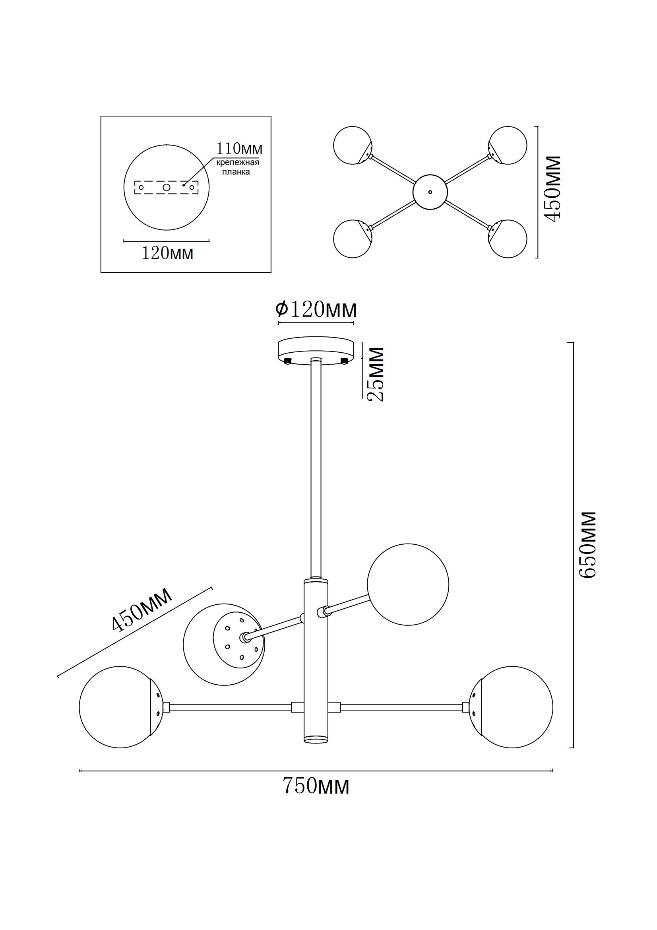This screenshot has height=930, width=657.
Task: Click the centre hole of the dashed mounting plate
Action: pyautogui.click(x=167, y=187)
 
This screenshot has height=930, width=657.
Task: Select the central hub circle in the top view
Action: pyautogui.click(x=430, y=192)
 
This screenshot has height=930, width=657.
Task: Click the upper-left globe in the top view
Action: pyautogui.click(x=352, y=145)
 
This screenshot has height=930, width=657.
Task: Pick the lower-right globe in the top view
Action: pyautogui.click(x=508, y=239)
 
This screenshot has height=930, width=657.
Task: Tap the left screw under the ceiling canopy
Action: pyautogui.click(x=288, y=361)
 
